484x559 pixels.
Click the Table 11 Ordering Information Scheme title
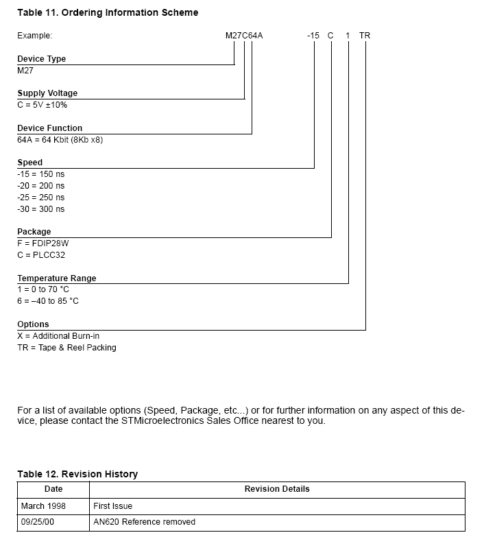[108, 12]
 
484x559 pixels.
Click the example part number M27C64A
[244, 36]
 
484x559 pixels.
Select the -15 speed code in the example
[314, 36]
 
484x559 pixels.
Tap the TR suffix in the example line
[365, 36]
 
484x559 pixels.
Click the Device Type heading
[42, 59]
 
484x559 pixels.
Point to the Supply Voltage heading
[47, 93]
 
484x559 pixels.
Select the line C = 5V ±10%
[43, 105]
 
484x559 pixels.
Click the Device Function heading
[49, 128]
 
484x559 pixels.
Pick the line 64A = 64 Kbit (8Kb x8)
[60, 140]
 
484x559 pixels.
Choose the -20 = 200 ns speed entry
[41, 186]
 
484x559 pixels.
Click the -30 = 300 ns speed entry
[41, 209]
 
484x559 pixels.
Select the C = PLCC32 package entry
[41, 255]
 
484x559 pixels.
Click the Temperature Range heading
[57, 278]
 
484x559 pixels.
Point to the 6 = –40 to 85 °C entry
[48, 301]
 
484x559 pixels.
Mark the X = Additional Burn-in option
[58, 336]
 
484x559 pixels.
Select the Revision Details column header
[277, 489]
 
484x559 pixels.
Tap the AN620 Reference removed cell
[144, 522]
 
